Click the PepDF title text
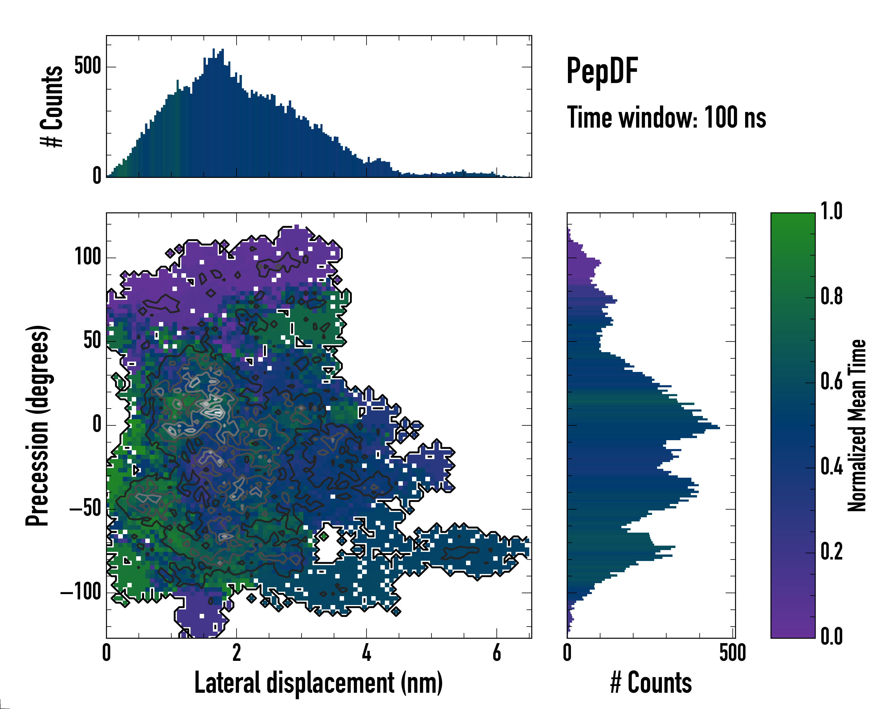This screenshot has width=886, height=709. tap(602, 71)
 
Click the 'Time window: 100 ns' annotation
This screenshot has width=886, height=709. tap(666, 118)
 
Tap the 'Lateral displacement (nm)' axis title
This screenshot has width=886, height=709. tap(318, 683)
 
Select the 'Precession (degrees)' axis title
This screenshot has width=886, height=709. tap(38, 425)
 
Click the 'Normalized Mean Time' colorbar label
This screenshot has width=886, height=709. tap(856, 425)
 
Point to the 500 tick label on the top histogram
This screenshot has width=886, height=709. tap(87, 66)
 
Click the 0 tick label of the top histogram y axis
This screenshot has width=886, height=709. tap(97, 176)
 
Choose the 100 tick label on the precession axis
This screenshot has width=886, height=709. tap(87, 257)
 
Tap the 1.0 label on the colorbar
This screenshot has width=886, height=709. tap(831, 212)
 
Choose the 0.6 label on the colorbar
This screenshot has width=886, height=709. tap(831, 381)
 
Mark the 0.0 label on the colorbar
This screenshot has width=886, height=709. tap(831, 636)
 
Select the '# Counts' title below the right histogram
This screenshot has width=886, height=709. tap(651, 683)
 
